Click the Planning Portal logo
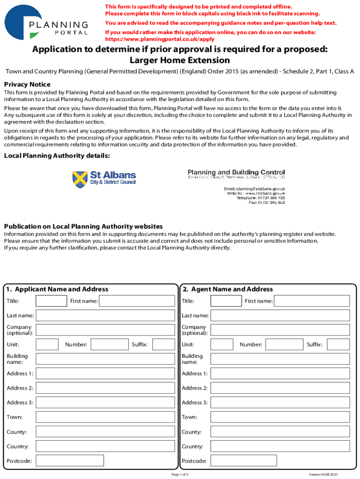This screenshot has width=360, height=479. coord(46,22)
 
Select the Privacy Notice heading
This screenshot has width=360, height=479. coord(27,84)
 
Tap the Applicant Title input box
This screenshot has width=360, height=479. coord(51,301)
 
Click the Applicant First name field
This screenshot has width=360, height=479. coord(137,301)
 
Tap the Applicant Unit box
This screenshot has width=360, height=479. coord(47,345)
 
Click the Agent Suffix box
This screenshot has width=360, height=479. coord(338,345)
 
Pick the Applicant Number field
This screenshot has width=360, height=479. coord(109,345)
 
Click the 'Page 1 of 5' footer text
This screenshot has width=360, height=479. coord(180,474)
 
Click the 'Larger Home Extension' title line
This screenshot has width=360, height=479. coord(180,60)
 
